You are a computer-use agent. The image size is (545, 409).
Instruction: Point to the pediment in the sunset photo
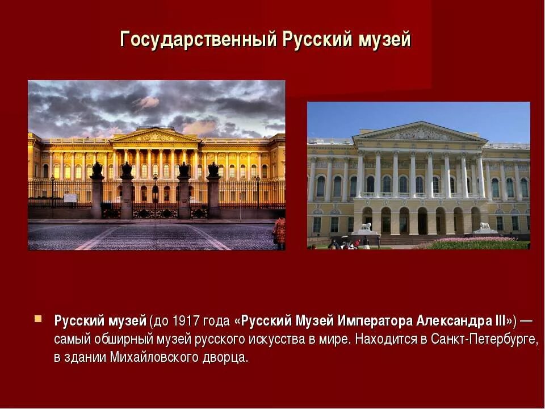point(154,136)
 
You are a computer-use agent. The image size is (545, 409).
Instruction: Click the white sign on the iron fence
point(70,198)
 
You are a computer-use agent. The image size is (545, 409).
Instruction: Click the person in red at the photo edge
point(279,233)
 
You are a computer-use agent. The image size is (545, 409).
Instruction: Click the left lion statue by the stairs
point(366,227)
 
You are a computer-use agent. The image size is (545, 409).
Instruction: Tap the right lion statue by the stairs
point(484,226)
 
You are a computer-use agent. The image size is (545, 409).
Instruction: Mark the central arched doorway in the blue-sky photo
point(422,221)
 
